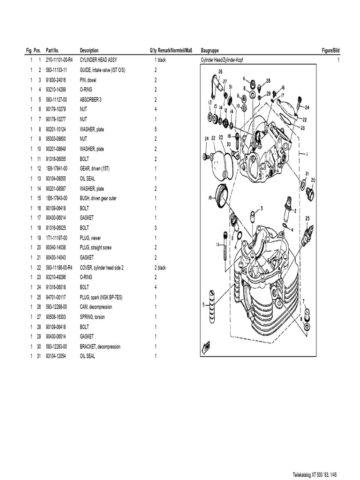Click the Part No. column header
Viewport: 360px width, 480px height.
click(x=52, y=50)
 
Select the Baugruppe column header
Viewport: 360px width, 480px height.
click(x=210, y=50)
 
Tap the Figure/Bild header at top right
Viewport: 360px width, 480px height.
click(x=330, y=50)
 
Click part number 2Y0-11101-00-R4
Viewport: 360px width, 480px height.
click(x=60, y=60)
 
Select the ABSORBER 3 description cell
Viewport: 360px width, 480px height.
click(x=90, y=99)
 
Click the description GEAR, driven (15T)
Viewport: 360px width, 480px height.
click(x=97, y=168)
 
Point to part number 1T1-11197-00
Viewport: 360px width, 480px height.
click(x=57, y=238)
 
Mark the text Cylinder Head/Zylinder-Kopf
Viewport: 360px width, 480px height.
click(x=222, y=60)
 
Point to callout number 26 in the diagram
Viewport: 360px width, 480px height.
click(x=220, y=71)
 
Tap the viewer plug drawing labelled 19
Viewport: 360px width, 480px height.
click(x=221, y=194)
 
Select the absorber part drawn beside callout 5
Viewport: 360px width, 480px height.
click(x=212, y=305)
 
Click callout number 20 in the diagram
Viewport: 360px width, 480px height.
click(x=313, y=180)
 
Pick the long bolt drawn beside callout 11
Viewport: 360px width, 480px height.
click(x=227, y=243)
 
